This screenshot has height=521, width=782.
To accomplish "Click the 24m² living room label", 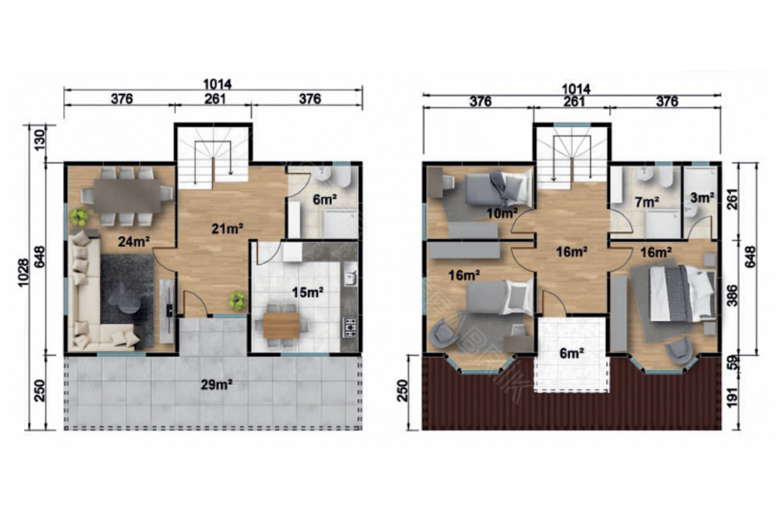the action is tap(135, 241).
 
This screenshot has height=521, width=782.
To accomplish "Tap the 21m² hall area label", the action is tap(227, 229).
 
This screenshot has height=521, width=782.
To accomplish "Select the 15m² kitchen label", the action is tap(308, 292).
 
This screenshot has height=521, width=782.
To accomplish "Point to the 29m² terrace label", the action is tap(216, 385).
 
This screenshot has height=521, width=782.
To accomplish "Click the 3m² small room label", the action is tap(702, 197).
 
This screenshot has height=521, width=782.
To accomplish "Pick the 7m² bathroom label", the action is tap(646, 202).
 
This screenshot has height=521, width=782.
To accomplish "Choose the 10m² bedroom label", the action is tap(502, 214).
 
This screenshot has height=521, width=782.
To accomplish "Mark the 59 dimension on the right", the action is tap(746, 362).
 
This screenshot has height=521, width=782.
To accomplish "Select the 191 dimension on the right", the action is tap(746, 395).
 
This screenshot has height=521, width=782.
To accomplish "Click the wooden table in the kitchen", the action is tap(282, 325).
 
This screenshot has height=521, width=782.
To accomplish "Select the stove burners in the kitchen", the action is tap(350, 327).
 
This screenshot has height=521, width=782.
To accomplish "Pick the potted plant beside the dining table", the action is tap(79, 216).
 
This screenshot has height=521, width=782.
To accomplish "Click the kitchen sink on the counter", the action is tap(351, 278).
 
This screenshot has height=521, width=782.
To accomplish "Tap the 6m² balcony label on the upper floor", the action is tap(572, 354).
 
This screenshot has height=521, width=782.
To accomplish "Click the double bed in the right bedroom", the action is tap(673, 293).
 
